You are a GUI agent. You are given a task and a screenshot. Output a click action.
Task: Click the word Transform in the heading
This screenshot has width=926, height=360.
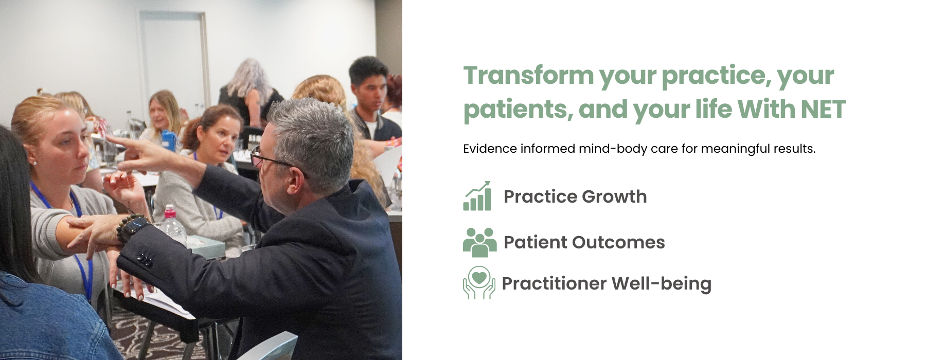528,76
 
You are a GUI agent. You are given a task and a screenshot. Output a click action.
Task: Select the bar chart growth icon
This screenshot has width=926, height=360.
477,196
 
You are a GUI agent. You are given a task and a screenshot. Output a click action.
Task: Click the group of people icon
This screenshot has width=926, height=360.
479,242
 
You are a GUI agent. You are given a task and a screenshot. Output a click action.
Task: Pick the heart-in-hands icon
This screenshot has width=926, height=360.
479,283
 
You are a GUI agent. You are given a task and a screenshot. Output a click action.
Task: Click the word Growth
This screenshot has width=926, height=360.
614,197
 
